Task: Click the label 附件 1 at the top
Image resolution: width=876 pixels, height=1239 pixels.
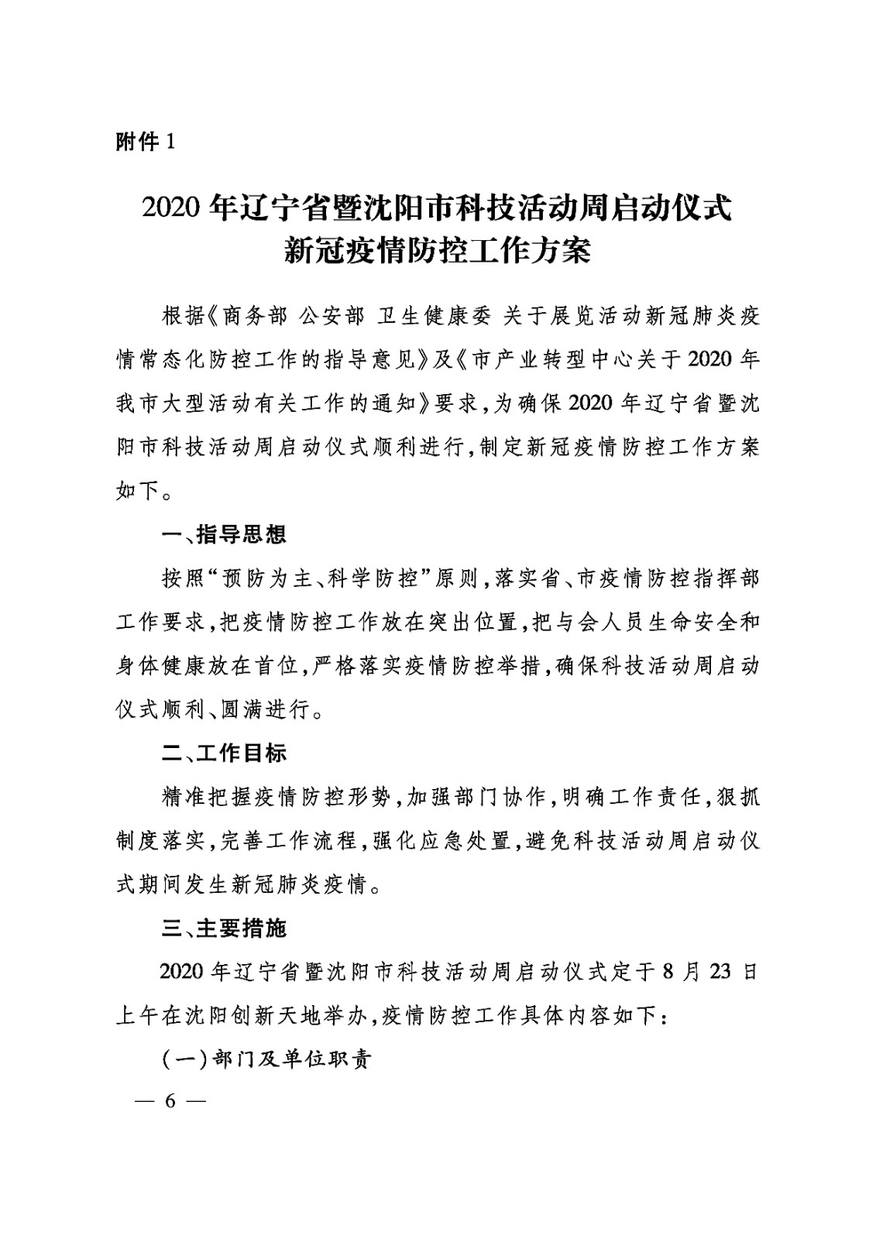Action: point(146,142)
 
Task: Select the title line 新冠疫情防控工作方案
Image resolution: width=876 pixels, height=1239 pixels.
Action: point(437,252)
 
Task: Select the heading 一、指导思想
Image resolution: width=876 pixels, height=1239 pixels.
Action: point(224,534)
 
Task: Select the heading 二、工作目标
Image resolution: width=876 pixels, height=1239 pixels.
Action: point(224,753)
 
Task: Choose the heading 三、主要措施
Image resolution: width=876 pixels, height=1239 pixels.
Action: point(224,928)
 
